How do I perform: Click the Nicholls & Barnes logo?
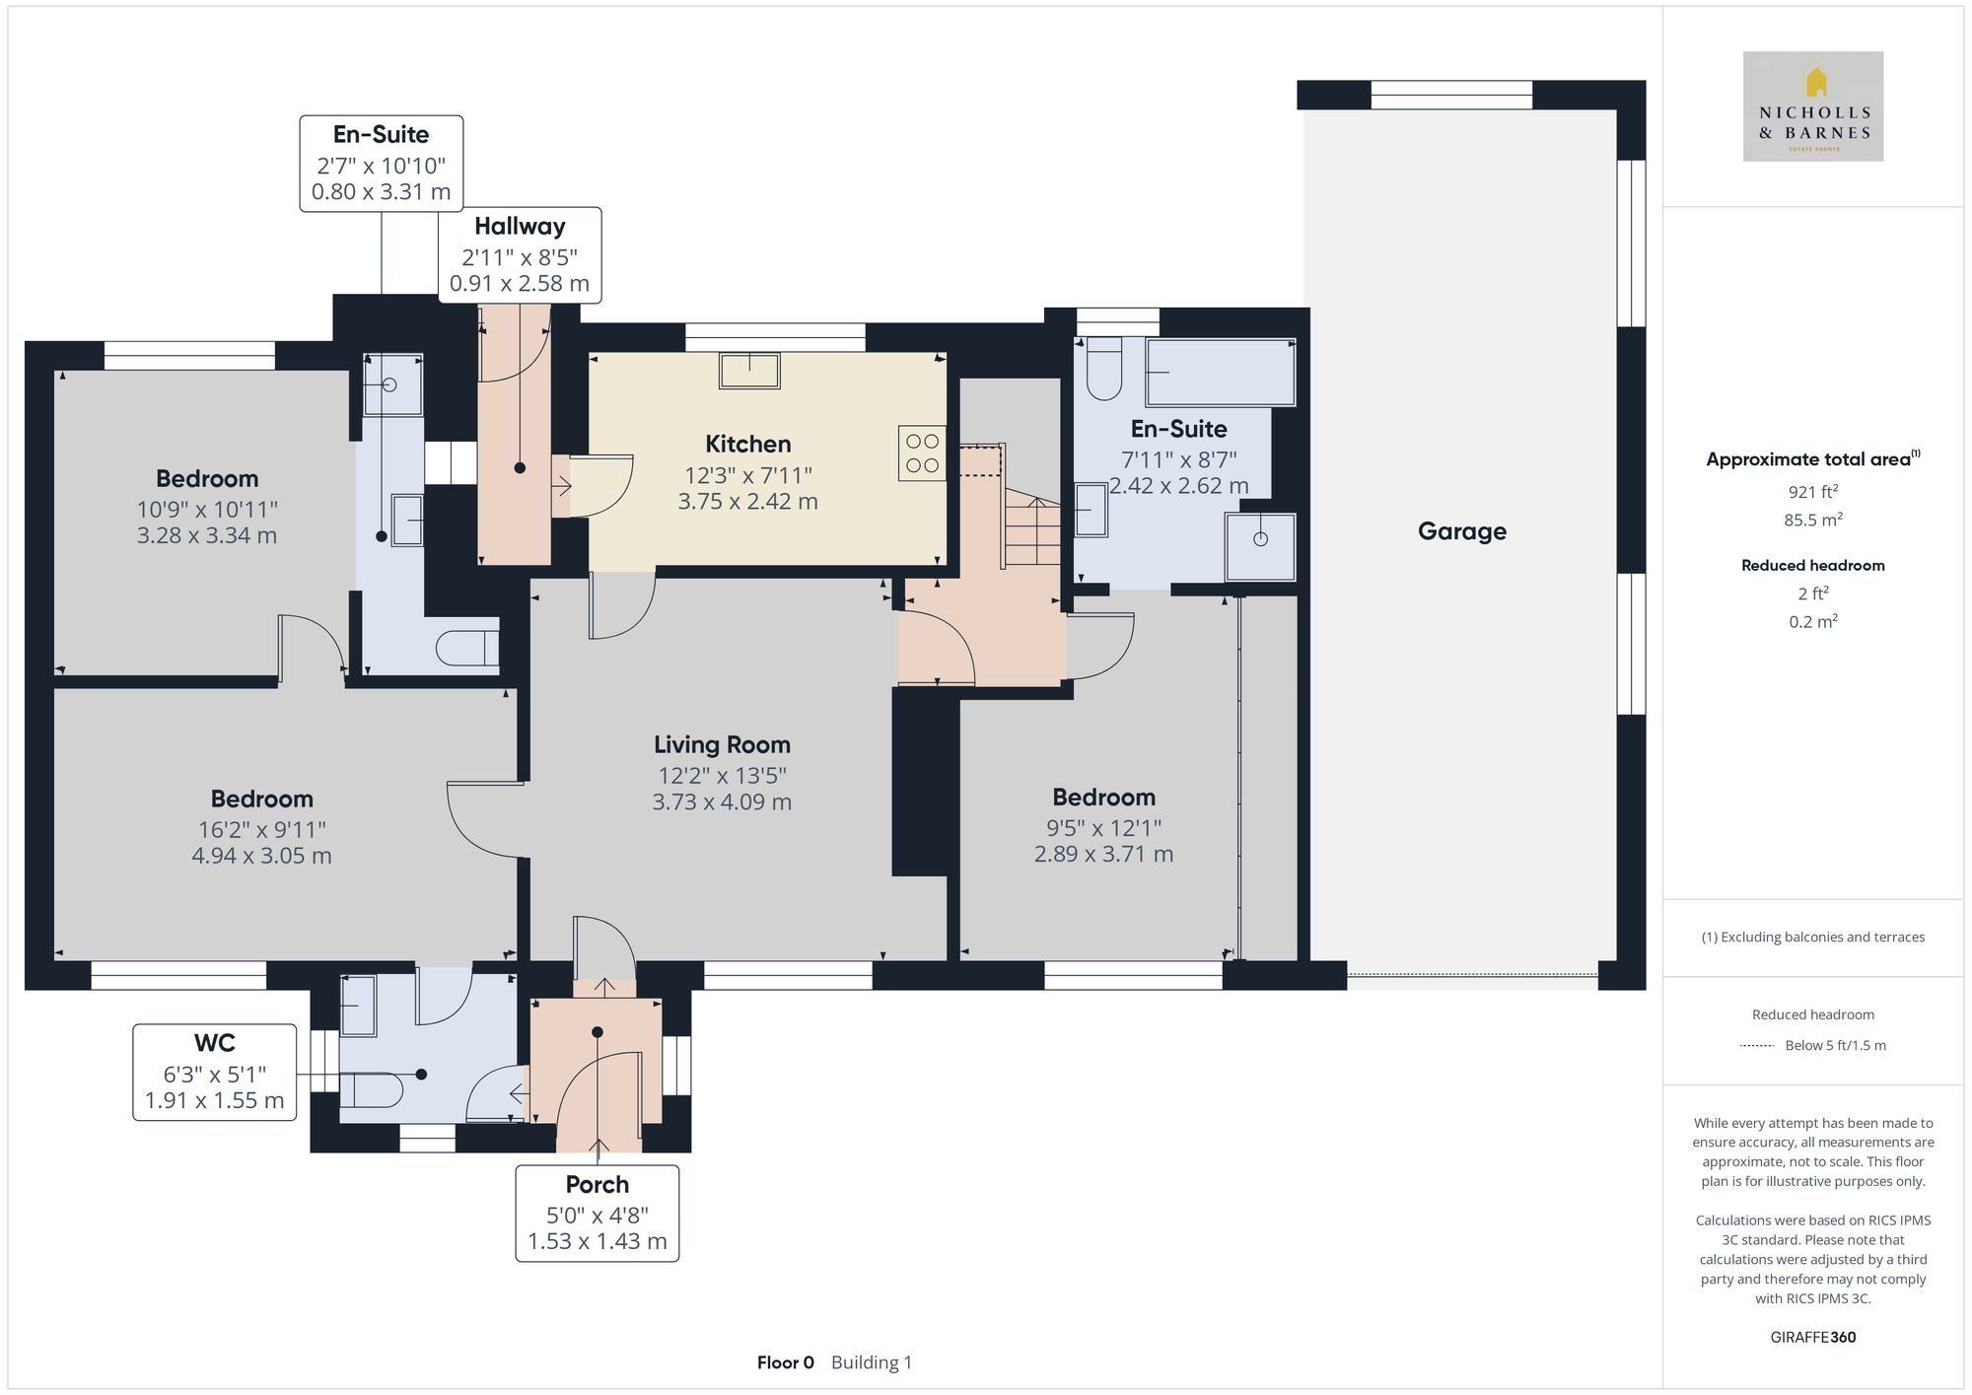point(1812,106)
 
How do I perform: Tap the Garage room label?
point(1461,531)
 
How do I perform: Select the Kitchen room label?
point(747,444)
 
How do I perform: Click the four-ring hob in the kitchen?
point(922,453)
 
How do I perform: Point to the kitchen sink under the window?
point(749,371)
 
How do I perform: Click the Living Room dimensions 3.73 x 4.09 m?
point(722,802)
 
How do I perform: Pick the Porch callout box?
point(597,1213)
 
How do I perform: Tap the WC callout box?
point(214,1072)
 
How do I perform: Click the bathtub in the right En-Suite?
point(1221,372)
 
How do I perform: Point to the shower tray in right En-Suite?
point(1260,546)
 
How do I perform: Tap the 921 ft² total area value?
point(1812,492)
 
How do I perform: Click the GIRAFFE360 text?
point(1812,1337)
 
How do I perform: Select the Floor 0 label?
point(785,1362)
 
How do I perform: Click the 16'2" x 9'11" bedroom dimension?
point(261,830)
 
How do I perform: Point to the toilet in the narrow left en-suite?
point(469,649)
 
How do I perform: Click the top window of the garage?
point(1451,96)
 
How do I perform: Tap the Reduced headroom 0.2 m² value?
point(1812,621)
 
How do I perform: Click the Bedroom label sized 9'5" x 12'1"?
point(1103,797)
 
